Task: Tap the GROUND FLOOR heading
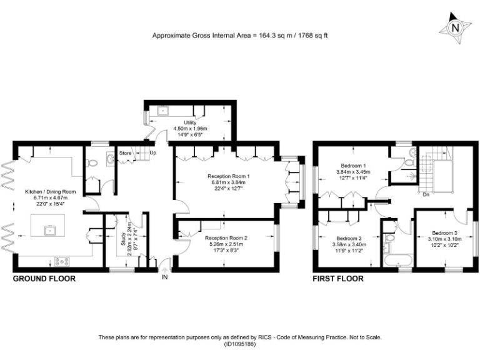coord(44,279)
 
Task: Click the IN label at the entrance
coord(165,277)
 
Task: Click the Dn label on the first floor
coord(425,194)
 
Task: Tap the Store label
coord(126,152)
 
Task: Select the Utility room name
coord(190,122)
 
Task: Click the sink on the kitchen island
coord(49,230)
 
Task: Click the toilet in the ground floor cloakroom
coord(93,163)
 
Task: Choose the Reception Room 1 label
coord(228,177)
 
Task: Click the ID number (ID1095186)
coord(240,344)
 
